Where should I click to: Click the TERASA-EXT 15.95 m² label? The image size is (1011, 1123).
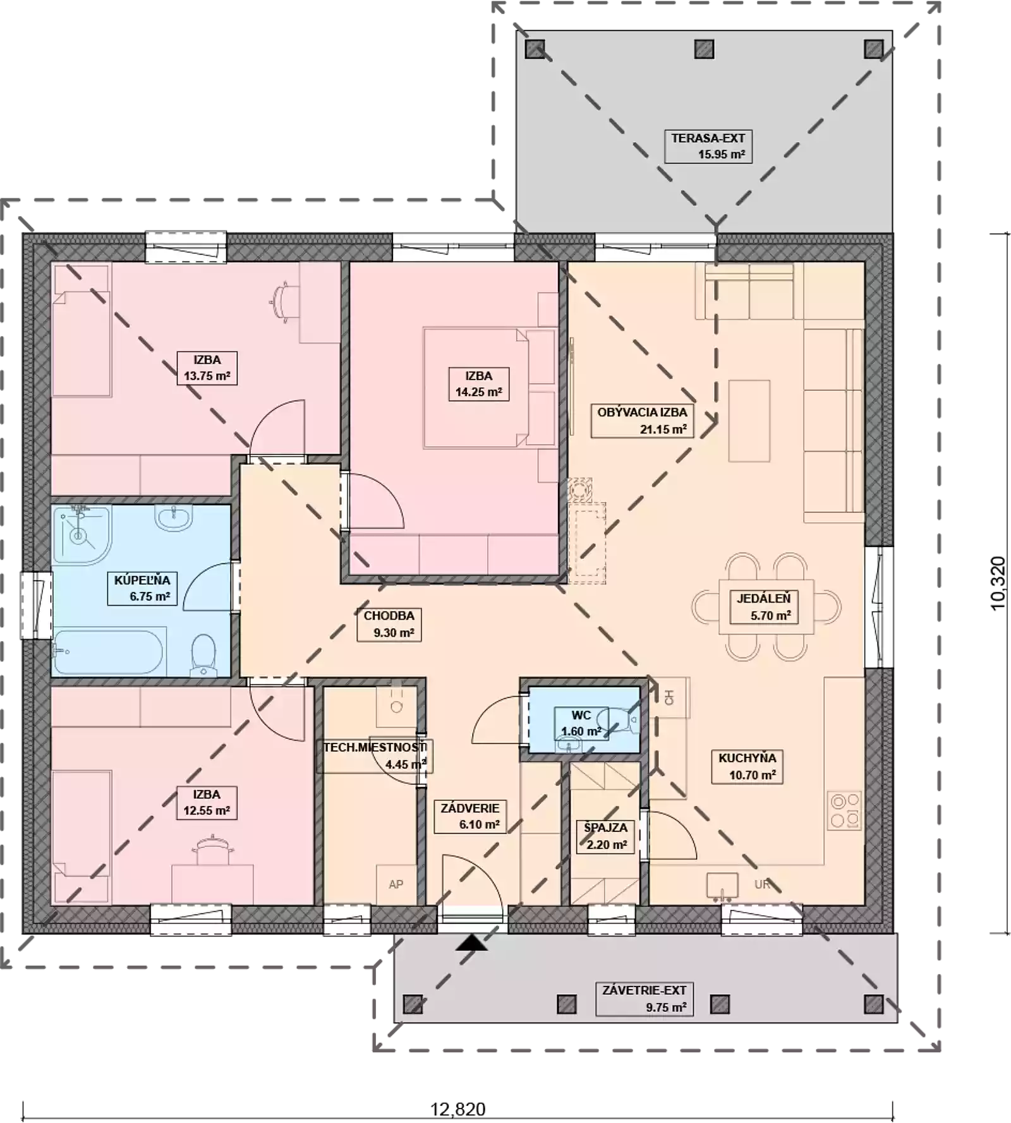(x=708, y=146)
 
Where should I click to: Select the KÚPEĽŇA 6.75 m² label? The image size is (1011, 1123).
(x=142, y=588)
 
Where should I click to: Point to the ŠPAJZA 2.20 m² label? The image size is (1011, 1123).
(x=606, y=836)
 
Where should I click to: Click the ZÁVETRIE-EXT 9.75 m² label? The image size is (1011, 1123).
(x=644, y=999)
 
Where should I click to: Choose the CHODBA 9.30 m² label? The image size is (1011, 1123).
(x=389, y=624)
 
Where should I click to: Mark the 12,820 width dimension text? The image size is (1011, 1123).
(x=458, y=1109)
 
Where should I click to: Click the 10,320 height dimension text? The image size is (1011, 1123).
(x=998, y=583)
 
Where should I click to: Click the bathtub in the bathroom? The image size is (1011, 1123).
(x=109, y=652)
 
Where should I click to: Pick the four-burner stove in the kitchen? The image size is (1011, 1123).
(x=845, y=810)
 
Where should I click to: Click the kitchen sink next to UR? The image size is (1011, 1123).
(x=722, y=887)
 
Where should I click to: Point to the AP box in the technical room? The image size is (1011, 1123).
(x=396, y=885)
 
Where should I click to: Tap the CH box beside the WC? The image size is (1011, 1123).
(x=670, y=697)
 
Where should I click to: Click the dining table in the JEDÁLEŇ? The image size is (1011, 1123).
(x=766, y=607)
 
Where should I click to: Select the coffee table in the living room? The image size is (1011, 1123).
(x=749, y=421)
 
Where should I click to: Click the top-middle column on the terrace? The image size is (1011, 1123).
(x=705, y=49)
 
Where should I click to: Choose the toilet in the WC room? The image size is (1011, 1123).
(x=621, y=720)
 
